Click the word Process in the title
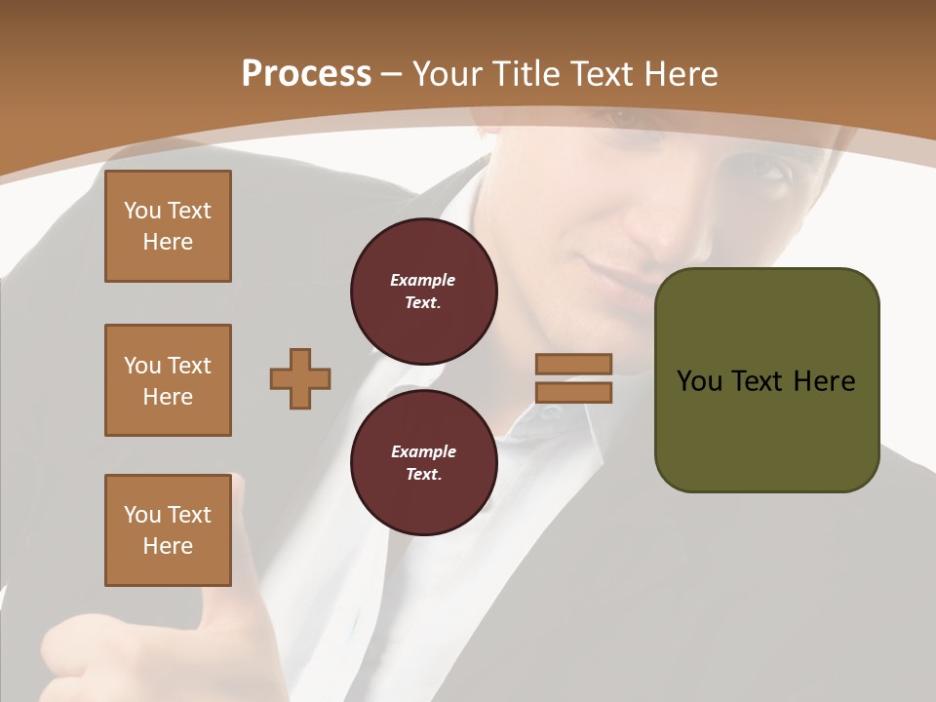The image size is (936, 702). [x=306, y=74]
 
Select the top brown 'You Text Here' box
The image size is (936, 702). [x=168, y=226]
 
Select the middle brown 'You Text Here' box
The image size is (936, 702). [x=168, y=380]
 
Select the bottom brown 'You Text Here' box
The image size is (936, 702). [x=168, y=530]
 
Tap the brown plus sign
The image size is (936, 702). [x=300, y=378]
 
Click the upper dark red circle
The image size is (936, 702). [x=423, y=292]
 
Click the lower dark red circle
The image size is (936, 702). [x=423, y=463]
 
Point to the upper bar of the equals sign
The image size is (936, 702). [x=573, y=365]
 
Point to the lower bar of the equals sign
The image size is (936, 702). [x=573, y=393]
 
